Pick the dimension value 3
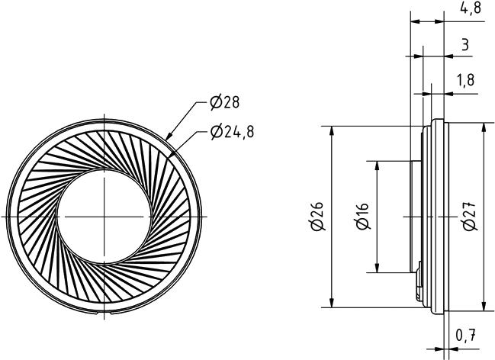465,45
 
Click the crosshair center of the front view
106,217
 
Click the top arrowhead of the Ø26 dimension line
332,127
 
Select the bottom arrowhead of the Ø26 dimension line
332,307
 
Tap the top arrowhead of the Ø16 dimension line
376,162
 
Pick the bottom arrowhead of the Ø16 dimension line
376,272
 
